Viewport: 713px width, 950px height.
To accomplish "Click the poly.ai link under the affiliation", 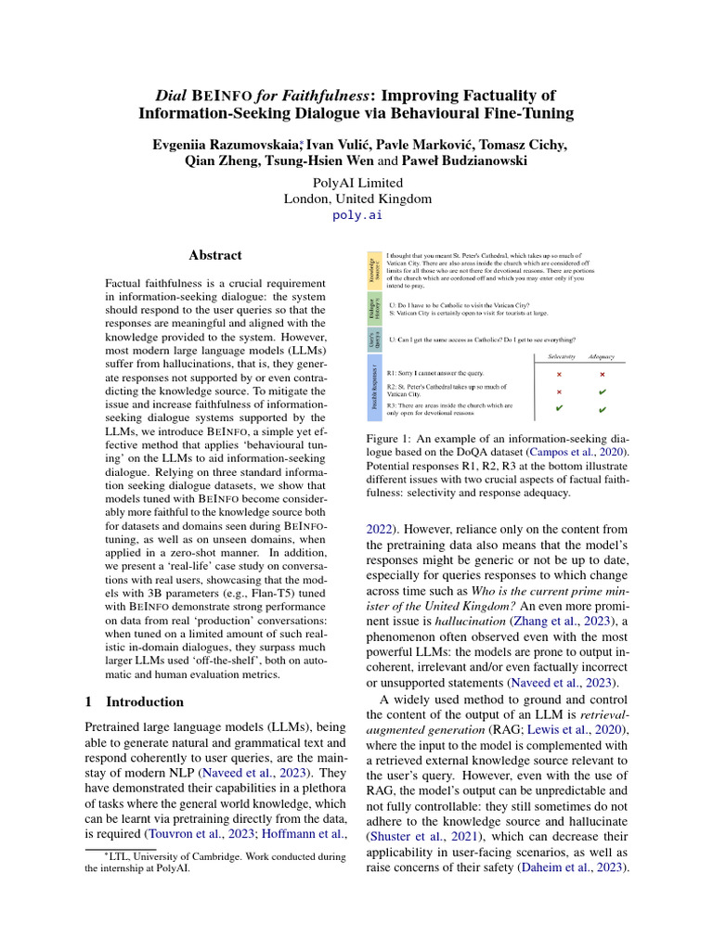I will click(356, 214).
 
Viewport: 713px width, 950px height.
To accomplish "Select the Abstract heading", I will click(215, 255).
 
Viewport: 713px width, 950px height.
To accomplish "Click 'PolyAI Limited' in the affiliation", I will click(357, 182).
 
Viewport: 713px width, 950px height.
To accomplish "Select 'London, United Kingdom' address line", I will click(357, 198).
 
